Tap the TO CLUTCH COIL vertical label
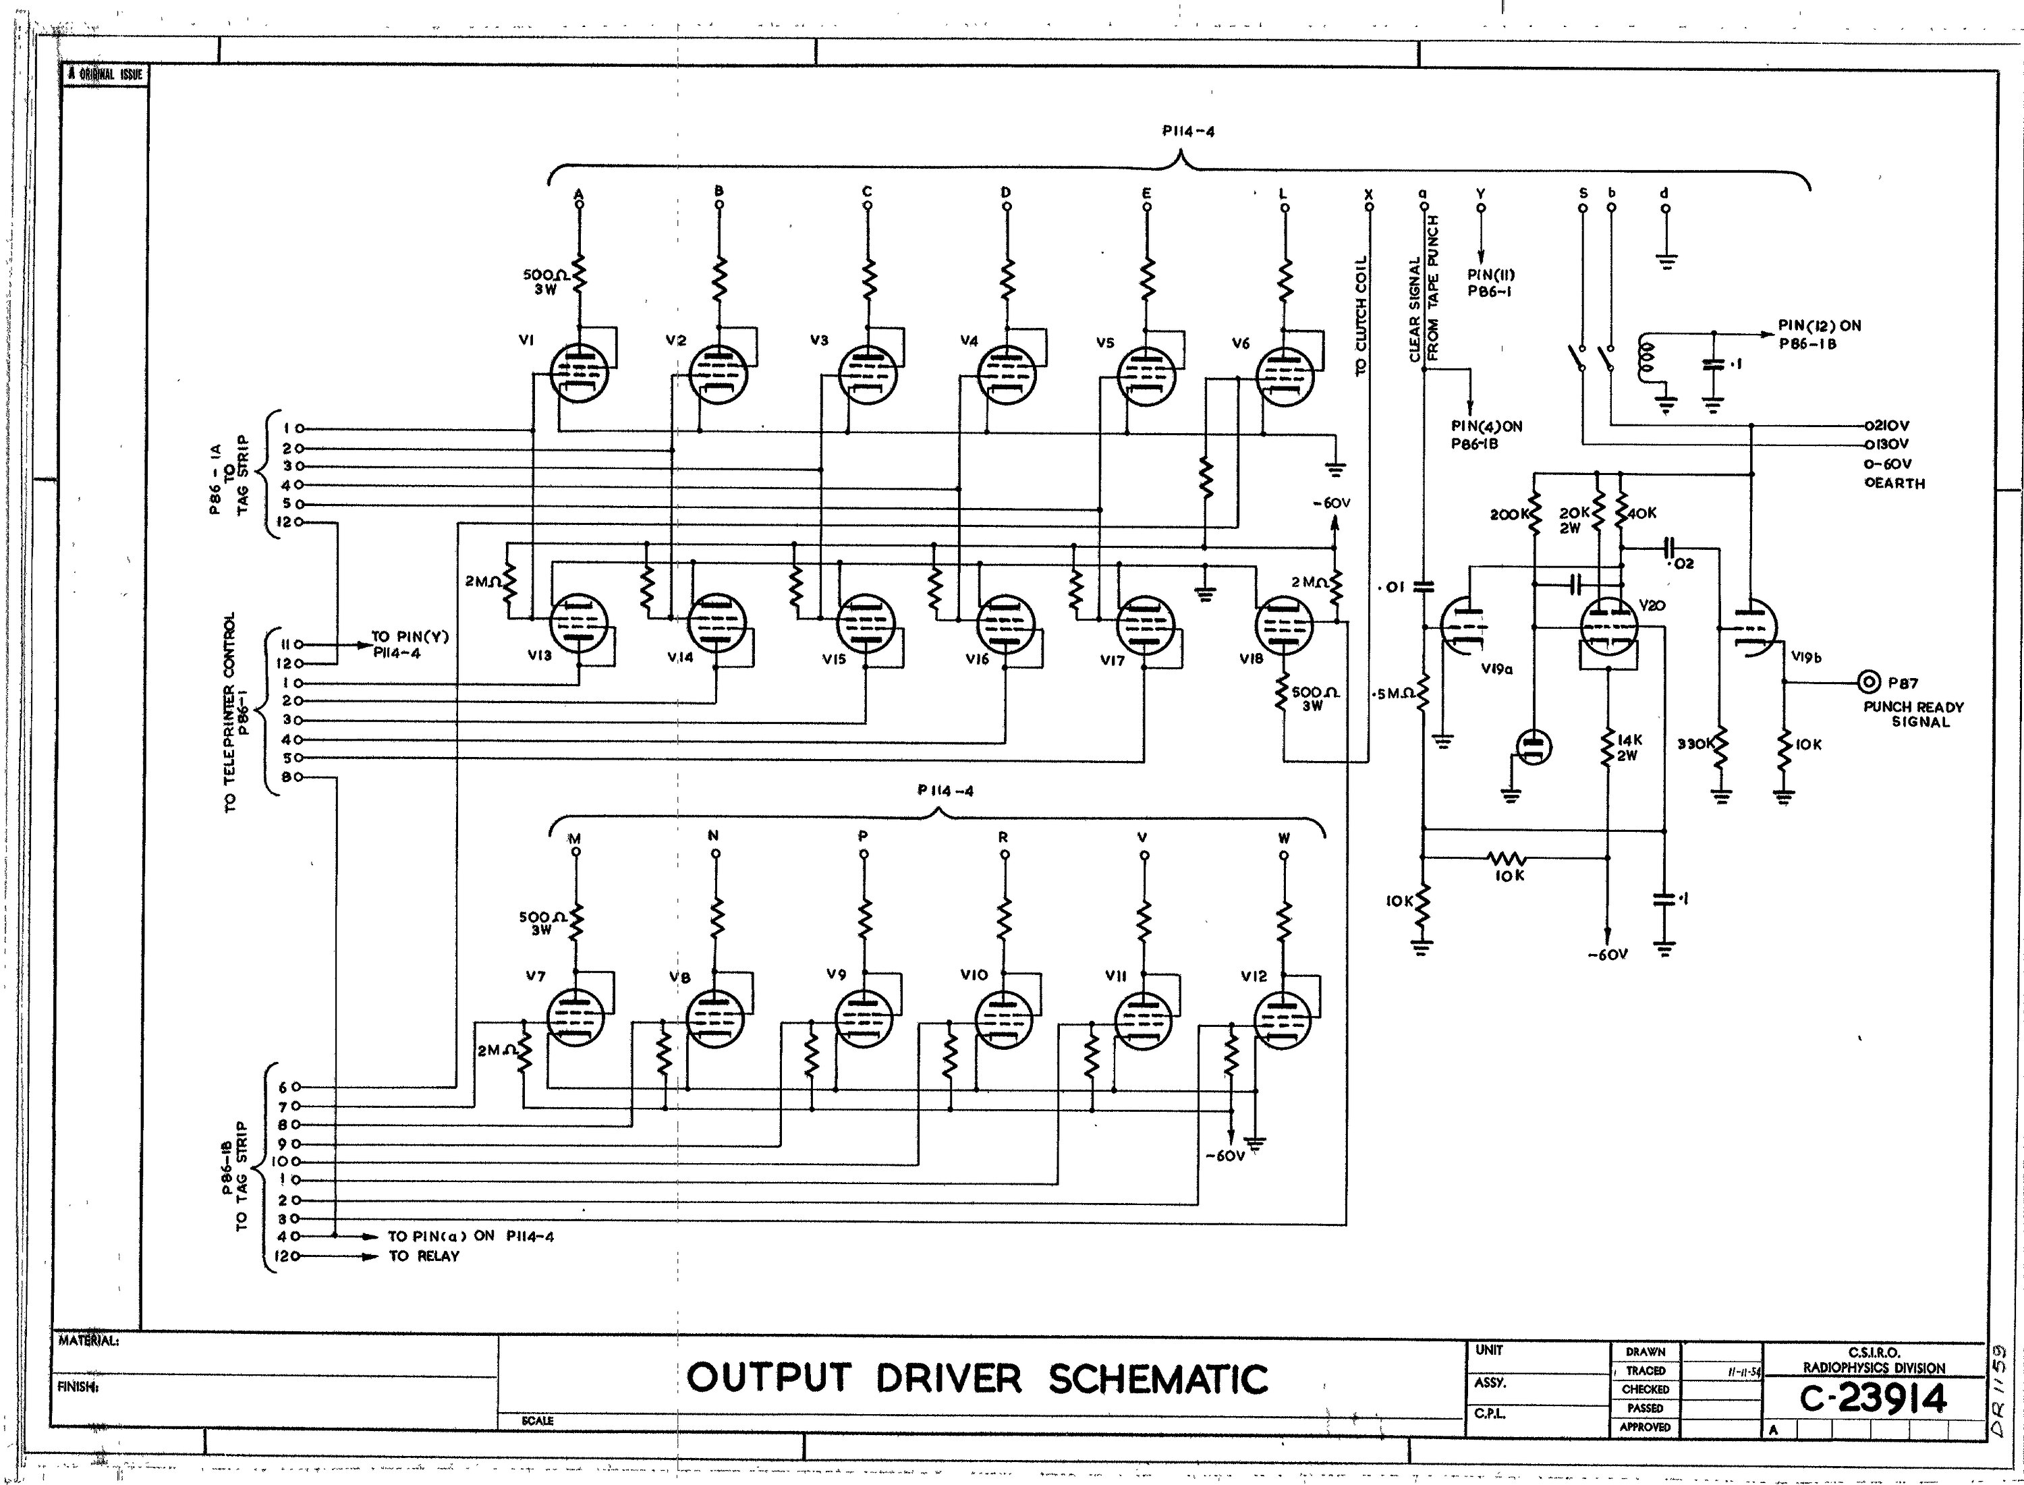pos(1361,314)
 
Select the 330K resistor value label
pos(1695,744)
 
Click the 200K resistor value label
pos(1508,514)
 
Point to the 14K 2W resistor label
pos(1629,748)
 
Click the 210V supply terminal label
pos(1888,425)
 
